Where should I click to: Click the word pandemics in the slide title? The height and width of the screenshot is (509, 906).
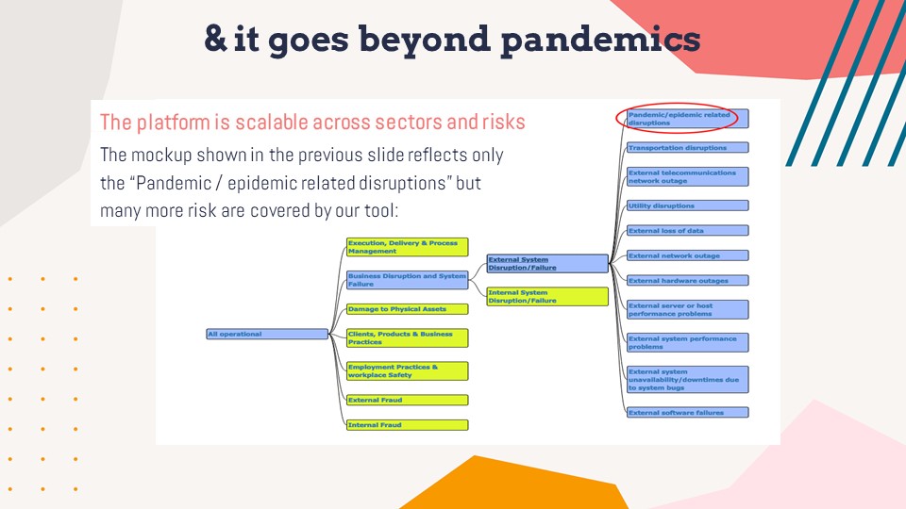coord(599,40)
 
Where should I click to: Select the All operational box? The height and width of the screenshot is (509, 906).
coord(267,334)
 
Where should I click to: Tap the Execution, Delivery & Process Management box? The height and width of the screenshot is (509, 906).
coord(407,247)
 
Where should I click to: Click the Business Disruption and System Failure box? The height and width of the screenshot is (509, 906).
coord(407,280)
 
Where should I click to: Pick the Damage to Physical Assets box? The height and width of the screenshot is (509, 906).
coord(407,309)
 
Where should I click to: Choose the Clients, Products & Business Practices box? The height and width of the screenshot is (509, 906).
coord(407,338)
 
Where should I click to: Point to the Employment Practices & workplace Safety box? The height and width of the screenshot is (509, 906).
coord(407,370)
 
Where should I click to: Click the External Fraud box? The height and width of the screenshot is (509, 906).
coord(407,400)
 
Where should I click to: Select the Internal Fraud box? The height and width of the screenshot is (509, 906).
coord(407,425)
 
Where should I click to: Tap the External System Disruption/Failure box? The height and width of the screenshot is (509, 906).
coord(546,264)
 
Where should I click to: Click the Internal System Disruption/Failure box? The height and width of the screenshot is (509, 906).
coord(546,296)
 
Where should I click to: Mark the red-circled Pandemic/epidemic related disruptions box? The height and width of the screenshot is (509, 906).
coord(687,119)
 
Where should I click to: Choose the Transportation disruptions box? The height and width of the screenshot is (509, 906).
coord(687,148)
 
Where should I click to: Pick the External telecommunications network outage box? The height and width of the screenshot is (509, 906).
coord(687,177)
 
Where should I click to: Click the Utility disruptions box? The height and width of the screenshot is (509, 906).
coord(687,205)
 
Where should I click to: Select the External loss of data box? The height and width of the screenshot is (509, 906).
coord(687,231)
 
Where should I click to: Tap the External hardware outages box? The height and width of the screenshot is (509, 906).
coord(687,280)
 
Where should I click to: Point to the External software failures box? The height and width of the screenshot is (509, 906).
coord(687,412)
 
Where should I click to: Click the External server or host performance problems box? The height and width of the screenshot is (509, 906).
coord(687,309)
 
